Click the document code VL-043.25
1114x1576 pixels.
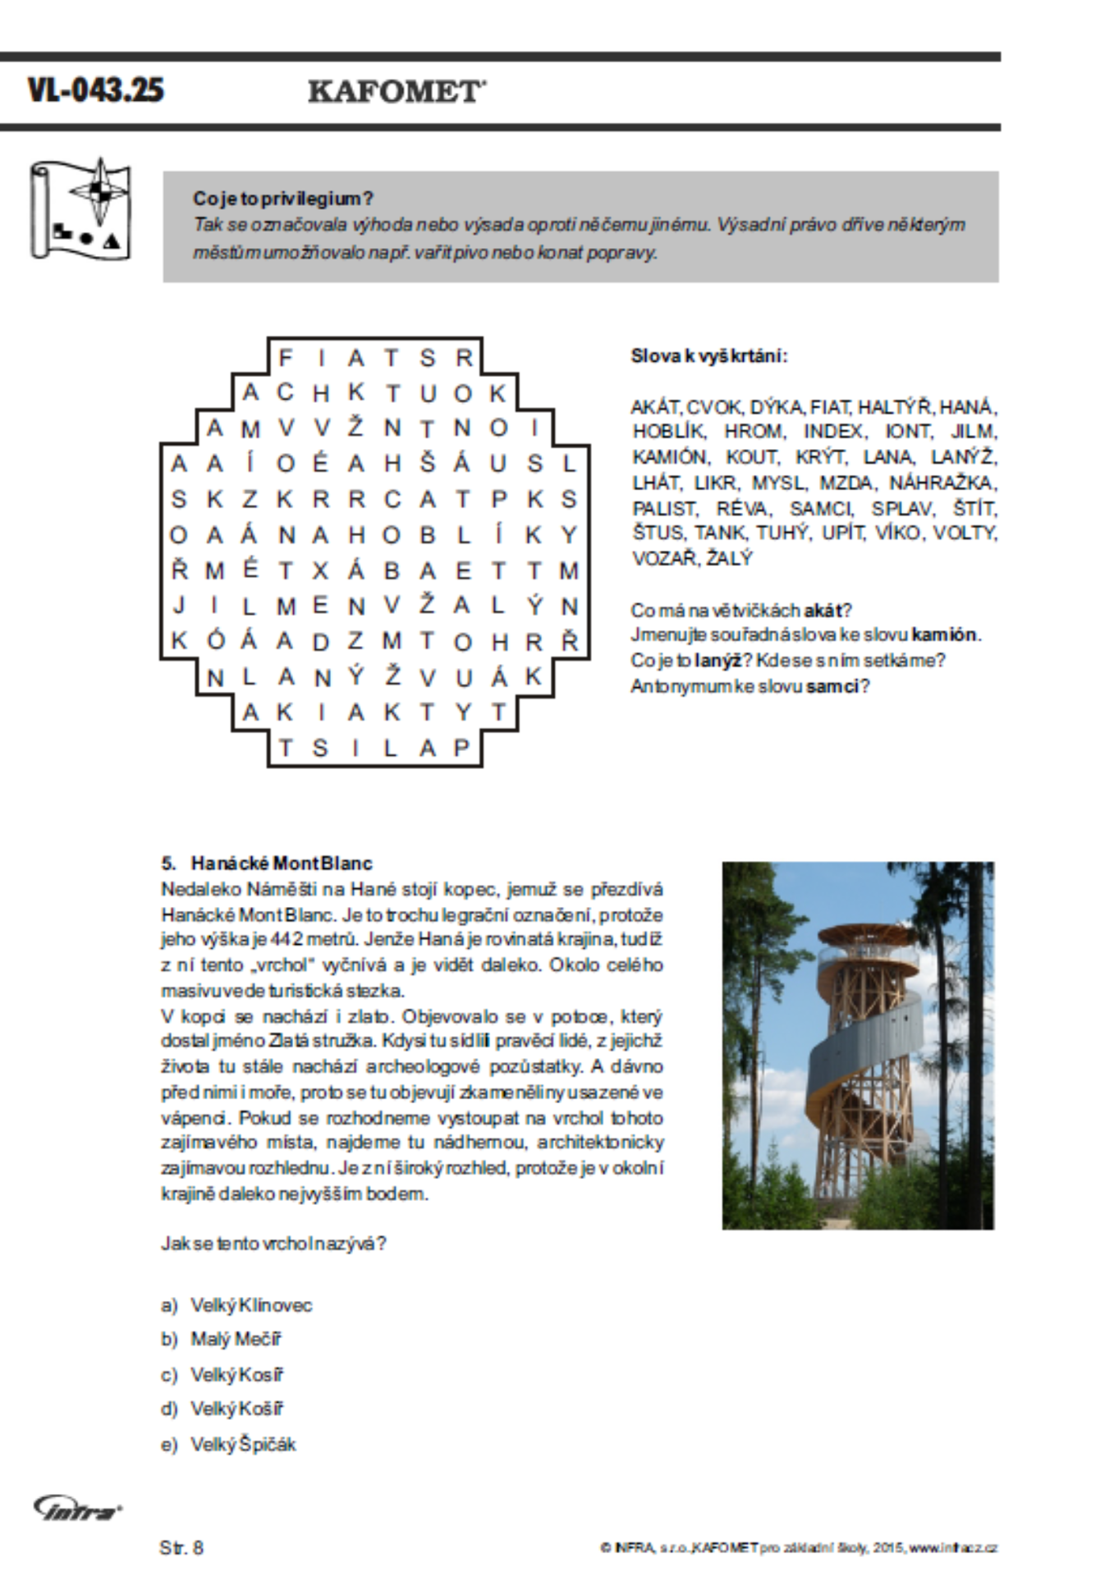[96, 89]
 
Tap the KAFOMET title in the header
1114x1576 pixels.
[396, 91]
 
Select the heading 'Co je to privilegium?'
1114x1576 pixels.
[283, 199]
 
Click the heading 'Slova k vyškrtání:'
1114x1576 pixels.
[708, 356]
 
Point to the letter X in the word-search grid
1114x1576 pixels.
[320, 571]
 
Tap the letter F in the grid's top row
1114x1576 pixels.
[285, 358]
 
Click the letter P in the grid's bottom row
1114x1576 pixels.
[461, 748]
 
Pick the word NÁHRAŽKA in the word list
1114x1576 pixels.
[942, 483]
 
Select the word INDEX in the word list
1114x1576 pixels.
[833, 432]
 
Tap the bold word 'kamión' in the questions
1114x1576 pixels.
[944, 635]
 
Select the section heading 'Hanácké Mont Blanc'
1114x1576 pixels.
[281, 864]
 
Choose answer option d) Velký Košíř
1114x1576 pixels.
[236, 1409]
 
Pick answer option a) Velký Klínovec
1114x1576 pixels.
[250, 1305]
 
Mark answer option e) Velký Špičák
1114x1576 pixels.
[243, 1445]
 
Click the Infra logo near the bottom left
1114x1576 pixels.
[77, 1507]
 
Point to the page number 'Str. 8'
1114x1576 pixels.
[181, 1548]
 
